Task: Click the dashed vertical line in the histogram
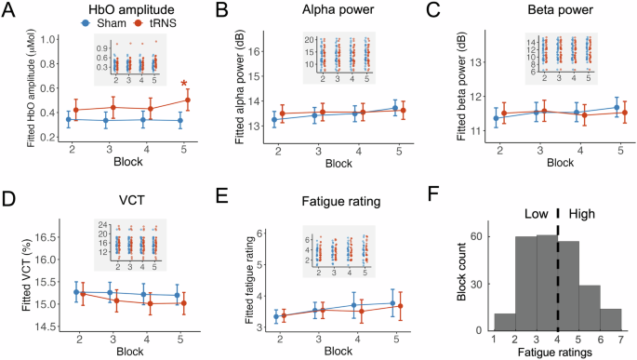point(558,270)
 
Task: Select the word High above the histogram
point(584,211)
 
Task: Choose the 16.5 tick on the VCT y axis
point(37,238)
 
